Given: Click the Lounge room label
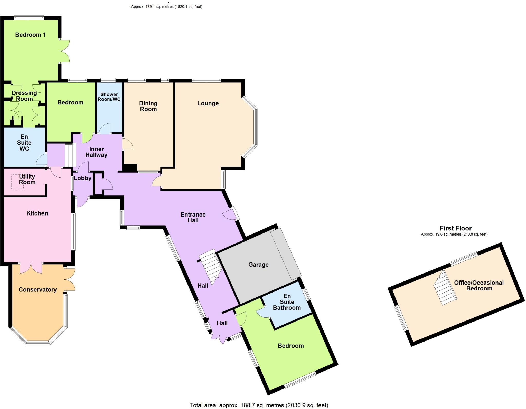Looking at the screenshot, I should pos(208,103).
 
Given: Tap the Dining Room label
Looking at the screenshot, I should pos(148,106).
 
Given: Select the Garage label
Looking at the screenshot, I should pos(258,265).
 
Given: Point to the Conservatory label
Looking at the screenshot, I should pos(37,290).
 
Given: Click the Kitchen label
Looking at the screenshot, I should pos(37,213).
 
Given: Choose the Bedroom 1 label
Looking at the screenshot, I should pos(30,35).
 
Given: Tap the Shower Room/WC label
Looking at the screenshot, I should pos(109,97).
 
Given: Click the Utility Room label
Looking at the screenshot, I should pos(27,179).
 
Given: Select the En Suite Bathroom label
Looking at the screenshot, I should pos(287,302).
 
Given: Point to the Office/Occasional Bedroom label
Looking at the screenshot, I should pos(479,286).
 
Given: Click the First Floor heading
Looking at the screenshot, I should pos(455,228).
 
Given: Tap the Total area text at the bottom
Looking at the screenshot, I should pos(259,405).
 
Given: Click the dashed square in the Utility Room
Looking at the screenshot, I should pos(17,182).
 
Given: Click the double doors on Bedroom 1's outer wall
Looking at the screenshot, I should pos(64,51).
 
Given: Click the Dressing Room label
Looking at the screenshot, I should pos(24,96).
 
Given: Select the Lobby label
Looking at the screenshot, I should pos(83,178).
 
